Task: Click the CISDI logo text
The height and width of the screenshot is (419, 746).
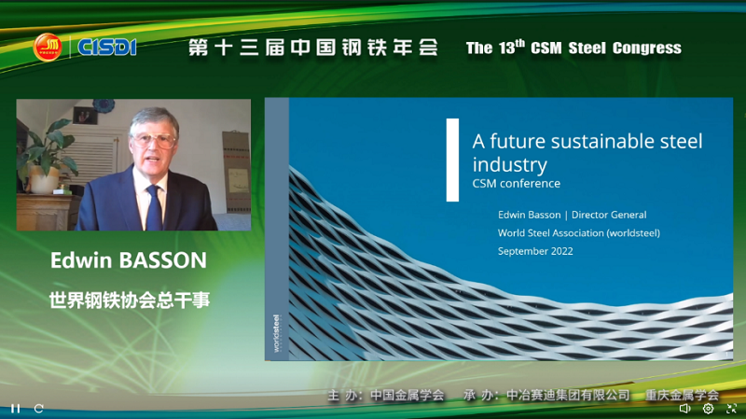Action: pos(107,48)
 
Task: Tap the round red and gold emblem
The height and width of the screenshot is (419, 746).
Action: pos(48,48)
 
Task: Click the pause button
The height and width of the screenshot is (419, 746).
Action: pos(16,409)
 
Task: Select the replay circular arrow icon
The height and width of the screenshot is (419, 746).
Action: pos(39,409)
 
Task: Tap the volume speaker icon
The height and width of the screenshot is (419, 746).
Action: pos(684,408)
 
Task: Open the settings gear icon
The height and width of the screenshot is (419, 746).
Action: pos(708,408)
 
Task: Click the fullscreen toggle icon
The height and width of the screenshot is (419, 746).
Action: pos(731,408)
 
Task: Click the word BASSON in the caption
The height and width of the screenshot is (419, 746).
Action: pos(162,260)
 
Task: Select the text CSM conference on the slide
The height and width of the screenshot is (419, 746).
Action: pos(517,183)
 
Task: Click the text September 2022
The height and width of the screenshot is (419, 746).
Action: pos(535,251)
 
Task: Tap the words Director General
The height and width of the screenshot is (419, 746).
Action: pos(609,215)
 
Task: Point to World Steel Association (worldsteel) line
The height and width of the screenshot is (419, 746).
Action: pos(578,233)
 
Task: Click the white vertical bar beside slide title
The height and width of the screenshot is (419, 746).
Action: pos(452,160)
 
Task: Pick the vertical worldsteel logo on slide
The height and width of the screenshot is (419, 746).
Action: pos(276,333)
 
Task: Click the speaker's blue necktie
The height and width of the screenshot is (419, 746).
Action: pos(154,208)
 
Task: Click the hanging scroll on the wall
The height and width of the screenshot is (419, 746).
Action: pos(236,172)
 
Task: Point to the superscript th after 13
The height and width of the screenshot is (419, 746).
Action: pos(520,43)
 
